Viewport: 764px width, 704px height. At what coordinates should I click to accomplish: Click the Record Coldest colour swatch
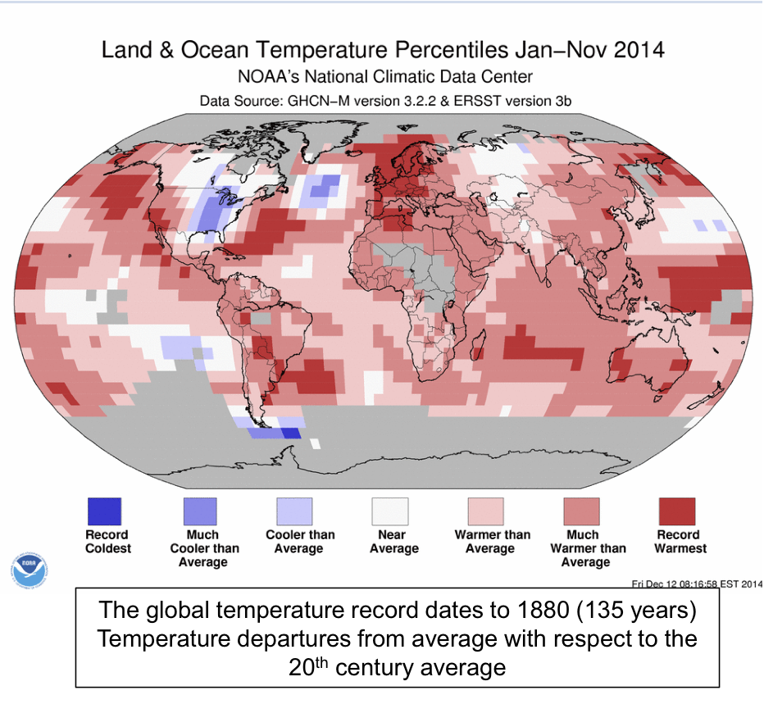(x=104, y=511)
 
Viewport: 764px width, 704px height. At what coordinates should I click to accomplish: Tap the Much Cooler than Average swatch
(x=200, y=511)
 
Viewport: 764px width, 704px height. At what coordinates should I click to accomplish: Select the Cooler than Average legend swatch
(x=295, y=511)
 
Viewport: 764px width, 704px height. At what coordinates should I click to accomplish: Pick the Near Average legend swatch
(x=390, y=511)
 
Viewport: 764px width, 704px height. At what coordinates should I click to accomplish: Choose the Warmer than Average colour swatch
(x=486, y=511)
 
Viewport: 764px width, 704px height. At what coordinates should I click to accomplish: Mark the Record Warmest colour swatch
(x=677, y=511)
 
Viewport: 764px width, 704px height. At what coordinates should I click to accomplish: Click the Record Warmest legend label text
(x=677, y=542)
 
